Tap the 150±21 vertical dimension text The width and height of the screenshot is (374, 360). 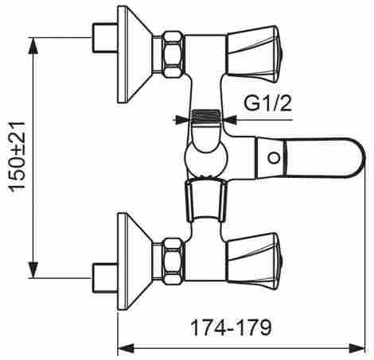[18, 156]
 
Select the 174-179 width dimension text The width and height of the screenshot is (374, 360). [232, 327]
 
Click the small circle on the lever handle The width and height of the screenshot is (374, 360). [274, 158]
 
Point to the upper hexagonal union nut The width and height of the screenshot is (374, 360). [173, 54]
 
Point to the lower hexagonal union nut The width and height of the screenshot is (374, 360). [173, 261]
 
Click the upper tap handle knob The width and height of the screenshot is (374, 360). [255, 54]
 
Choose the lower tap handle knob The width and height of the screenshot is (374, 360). [255, 261]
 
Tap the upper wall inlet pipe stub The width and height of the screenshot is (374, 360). [105, 37]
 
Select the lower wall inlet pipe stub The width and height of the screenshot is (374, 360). [105, 278]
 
